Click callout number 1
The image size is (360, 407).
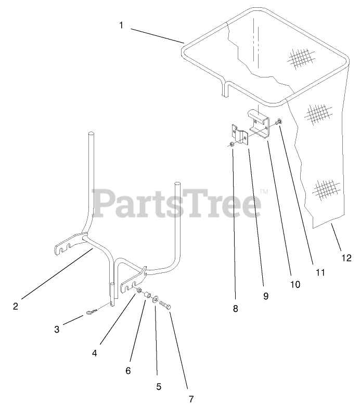[x=121, y=24]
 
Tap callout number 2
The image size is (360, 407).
[x=16, y=306]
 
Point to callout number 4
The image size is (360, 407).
[x=95, y=353]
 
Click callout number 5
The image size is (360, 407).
[x=159, y=387]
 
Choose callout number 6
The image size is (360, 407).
[x=128, y=371]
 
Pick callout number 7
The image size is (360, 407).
[x=191, y=399]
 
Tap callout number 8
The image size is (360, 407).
[x=235, y=308]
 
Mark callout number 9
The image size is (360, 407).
[x=265, y=296]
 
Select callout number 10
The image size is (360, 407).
[x=295, y=284]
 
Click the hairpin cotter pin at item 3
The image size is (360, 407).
[x=91, y=312]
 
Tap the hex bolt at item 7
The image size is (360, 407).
[x=165, y=304]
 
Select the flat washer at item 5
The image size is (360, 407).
[x=155, y=300]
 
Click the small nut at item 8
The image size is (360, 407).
[x=232, y=144]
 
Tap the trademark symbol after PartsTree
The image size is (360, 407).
[x=264, y=191]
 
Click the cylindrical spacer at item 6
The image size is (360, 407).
[x=147, y=296]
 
